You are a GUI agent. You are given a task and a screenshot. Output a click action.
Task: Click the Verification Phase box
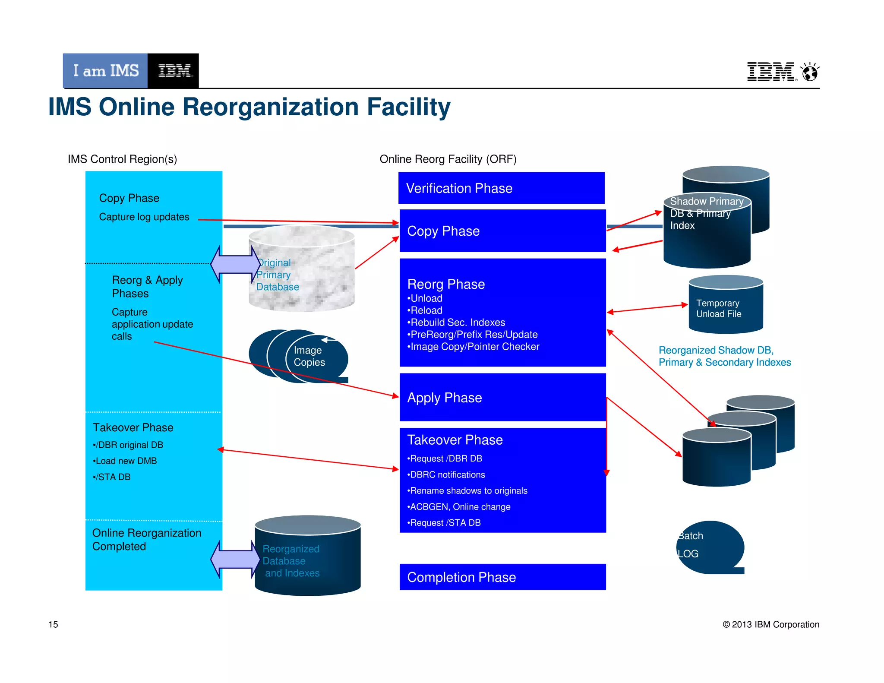point(501,188)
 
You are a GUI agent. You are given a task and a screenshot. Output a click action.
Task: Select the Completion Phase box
point(502,577)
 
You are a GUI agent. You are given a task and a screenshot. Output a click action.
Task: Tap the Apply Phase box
point(502,397)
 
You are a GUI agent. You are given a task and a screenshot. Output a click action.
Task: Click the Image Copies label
point(309,356)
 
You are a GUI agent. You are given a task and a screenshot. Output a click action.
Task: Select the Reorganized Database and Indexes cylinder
point(307,557)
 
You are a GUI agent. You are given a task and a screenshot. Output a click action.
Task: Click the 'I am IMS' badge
point(105,71)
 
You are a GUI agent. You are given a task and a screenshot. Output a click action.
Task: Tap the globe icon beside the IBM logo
point(810,72)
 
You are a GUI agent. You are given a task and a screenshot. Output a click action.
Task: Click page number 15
point(53,624)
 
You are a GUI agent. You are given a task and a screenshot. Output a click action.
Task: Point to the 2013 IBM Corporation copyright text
point(771,624)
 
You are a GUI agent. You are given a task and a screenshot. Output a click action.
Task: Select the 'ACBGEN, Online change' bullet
point(459,507)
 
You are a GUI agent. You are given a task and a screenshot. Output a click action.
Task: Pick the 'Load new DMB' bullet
point(125,461)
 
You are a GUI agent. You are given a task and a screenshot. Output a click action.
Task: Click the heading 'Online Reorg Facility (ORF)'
point(448,159)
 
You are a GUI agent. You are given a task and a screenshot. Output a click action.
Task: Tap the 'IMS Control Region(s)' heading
point(122,159)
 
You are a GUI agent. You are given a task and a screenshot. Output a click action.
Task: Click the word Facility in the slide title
point(408,107)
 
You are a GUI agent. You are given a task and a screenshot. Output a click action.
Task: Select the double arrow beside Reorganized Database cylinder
point(235,560)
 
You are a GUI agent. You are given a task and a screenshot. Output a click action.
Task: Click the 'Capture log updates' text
point(144,217)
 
